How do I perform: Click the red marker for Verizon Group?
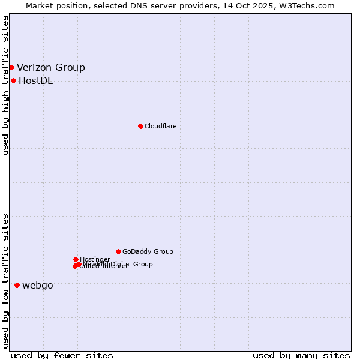pyautogui.click(x=11, y=67)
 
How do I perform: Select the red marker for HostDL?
pyautogui.click(x=13, y=80)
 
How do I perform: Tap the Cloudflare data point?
pyautogui.click(x=140, y=126)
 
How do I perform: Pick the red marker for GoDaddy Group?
pyautogui.click(x=118, y=251)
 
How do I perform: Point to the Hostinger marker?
pyautogui.click(x=76, y=259)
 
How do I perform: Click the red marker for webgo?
pyautogui.click(x=17, y=285)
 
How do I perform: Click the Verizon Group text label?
pyautogui.click(x=51, y=67)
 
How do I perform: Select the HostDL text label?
pyautogui.click(x=36, y=80)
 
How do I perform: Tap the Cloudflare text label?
pyautogui.click(x=161, y=126)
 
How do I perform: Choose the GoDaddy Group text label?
pyautogui.click(x=148, y=251)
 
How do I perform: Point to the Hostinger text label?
pyautogui.click(x=95, y=259)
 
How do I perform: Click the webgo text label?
pyautogui.click(x=38, y=285)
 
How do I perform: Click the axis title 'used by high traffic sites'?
pyautogui.click(x=6, y=85)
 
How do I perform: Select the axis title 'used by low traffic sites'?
pyautogui.click(x=6, y=281)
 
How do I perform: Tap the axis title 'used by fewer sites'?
pyautogui.click(x=62, y=355)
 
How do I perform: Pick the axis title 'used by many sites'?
pyautogui.click(x=301, y=355)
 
